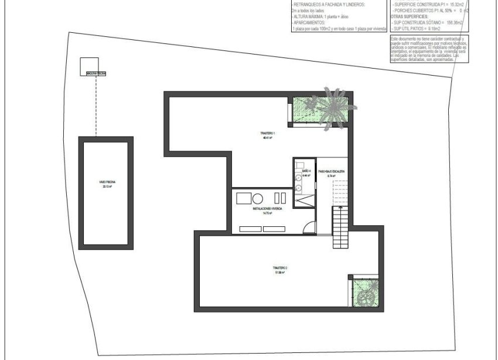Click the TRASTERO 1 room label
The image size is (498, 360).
267,135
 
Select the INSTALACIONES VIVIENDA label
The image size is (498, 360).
268,210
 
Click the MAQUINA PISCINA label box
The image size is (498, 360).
96,74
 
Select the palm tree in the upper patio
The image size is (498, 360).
332,106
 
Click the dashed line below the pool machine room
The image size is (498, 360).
96,106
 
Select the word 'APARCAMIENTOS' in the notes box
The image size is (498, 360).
311,23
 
